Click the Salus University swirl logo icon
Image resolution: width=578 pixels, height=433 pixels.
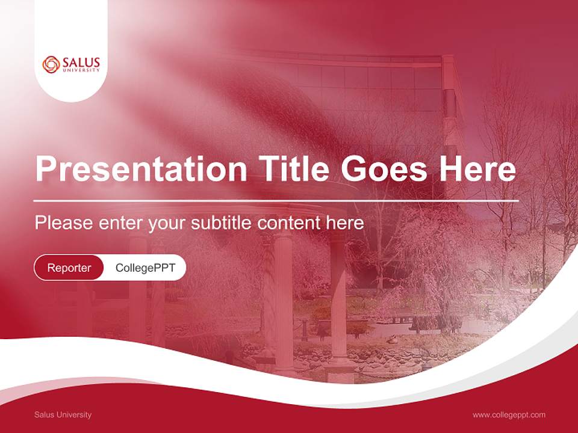tap(52, 64)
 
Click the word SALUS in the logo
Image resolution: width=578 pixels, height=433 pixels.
tap(81, 62)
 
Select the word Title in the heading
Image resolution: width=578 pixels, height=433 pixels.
tap(294, 170)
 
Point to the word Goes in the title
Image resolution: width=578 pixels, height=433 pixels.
tap(390, 170)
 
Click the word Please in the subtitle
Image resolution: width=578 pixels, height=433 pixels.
tap(63, 223)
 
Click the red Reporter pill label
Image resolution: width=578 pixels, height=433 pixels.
tap(69, 268)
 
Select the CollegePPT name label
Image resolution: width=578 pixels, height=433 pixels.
tap(145, 268)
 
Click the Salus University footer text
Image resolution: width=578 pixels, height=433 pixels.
tap(63, 414)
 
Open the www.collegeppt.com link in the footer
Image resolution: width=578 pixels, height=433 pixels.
tap(509, 414)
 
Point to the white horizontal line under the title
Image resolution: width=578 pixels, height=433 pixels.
tap(276, 200)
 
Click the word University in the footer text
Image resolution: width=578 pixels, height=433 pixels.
tap(74, 414)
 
